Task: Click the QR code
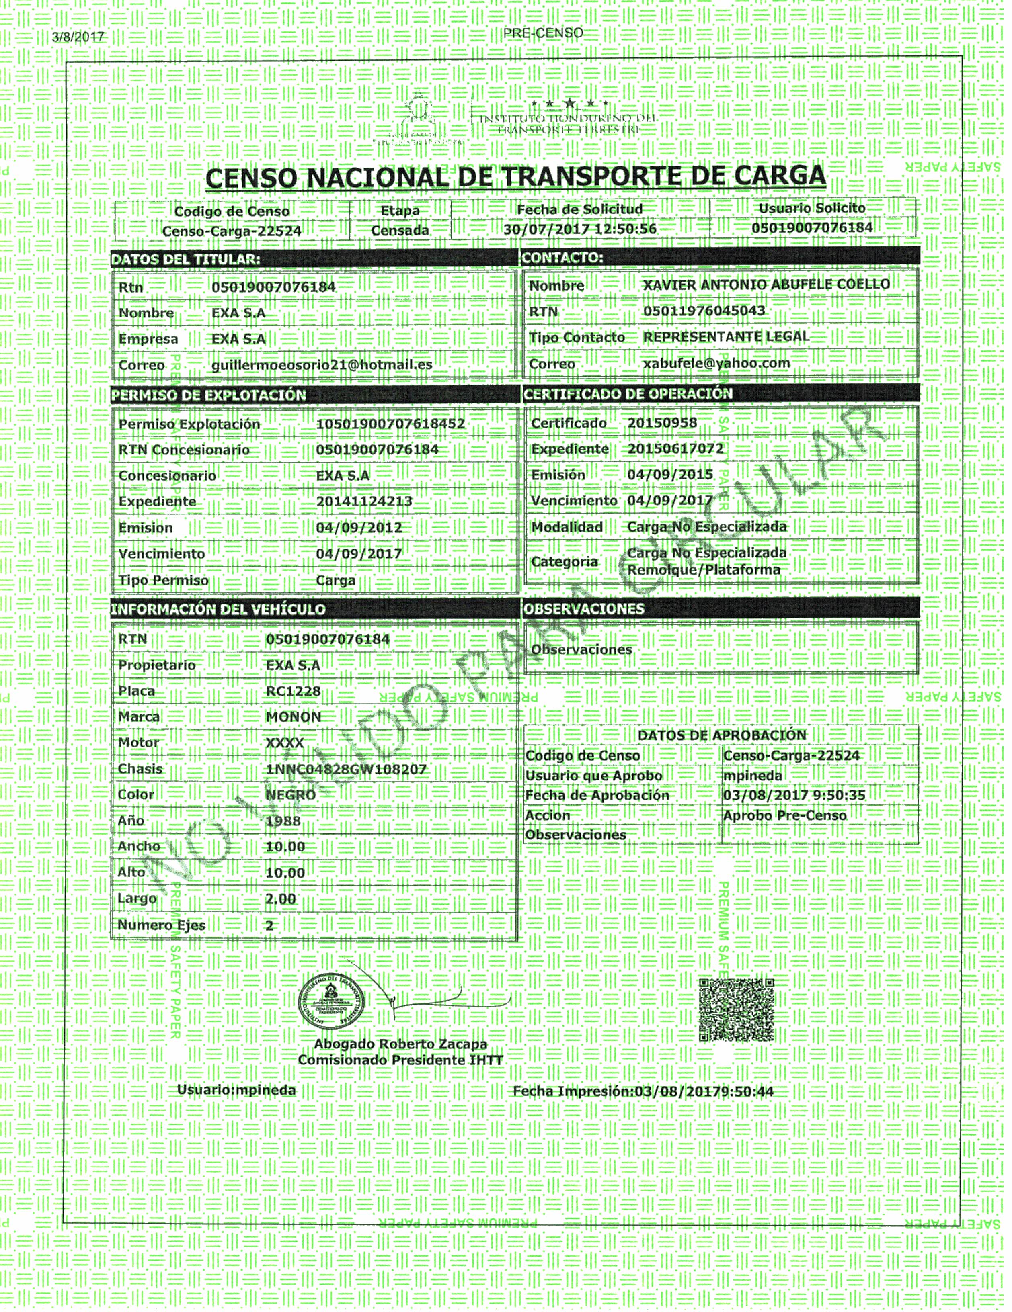point(737,1009)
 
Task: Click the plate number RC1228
point(293,691)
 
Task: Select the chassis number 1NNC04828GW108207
point(345,769)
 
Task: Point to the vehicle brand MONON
point(293,716)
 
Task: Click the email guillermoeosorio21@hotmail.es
point(322,364)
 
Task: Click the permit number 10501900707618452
point(390,424)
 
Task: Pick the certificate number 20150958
point(662,422)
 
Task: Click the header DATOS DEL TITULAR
point(186,260)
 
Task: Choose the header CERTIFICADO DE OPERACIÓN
point(628,394)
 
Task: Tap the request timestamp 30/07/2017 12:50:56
point(580,229)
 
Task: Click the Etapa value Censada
point(400,230)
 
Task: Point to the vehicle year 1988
point(283,821)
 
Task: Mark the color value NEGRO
point(290,795)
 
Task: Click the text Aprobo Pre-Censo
point(784,815)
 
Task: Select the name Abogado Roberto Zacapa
point(400,1044)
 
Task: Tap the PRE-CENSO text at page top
point(543,33)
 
